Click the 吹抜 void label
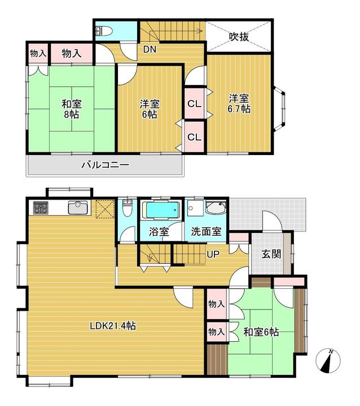click(x=239, y=37)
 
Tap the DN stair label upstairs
click(x=150, y=49)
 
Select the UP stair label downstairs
click(x=213, y=254)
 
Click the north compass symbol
click(x=328, y=360)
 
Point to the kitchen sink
click(x=78, y=208)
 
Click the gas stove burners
click(x=41, y=208)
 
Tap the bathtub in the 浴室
click(x=163, y=210)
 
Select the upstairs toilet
click(x=104, y=32)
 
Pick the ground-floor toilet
click(x=127, y=208)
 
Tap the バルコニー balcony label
click(x=105, y=165)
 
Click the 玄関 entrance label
click(x=271, y=254)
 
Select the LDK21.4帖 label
click(x=113, y=325)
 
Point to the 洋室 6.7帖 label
click(x=239, y=104)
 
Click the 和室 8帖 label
click(x=72, y=109)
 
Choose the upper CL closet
click(x=194, y=104)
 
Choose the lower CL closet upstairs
click(x=194, y=136)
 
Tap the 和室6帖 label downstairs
click(x=261, y=332)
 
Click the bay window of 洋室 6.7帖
click(x=280, y=108)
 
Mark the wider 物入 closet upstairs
click(x=72, y=54)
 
